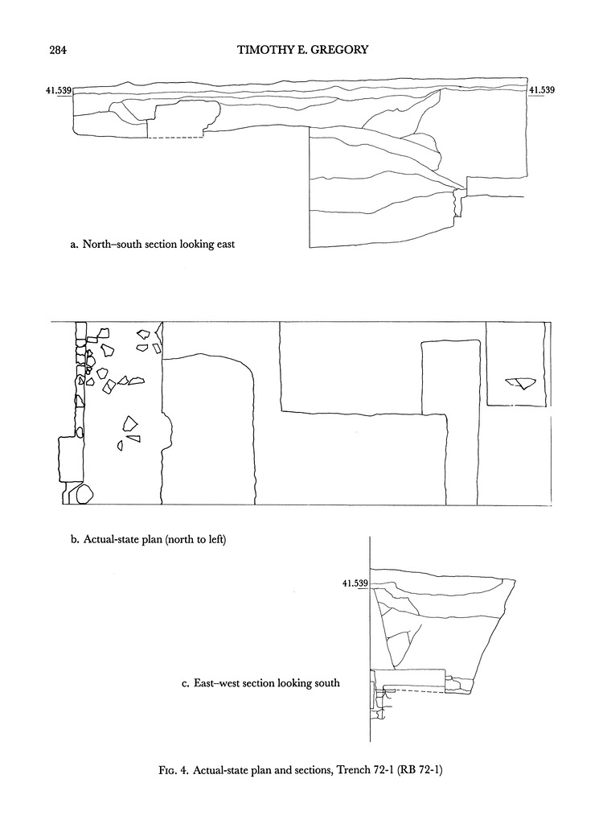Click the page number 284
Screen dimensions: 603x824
(58, 50)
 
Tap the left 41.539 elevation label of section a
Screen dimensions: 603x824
(59, 90)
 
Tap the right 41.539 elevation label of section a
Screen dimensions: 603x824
(542, 90)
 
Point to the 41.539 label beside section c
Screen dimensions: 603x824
(355, 583)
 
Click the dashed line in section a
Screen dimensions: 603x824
(175, 138)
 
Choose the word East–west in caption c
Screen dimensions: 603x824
(215, 683)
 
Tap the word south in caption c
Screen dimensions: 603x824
(326, 683)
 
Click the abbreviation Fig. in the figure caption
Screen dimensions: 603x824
(168, 771)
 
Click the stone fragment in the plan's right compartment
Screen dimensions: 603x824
(519, 383)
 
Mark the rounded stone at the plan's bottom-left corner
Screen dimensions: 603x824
(84, 494)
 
